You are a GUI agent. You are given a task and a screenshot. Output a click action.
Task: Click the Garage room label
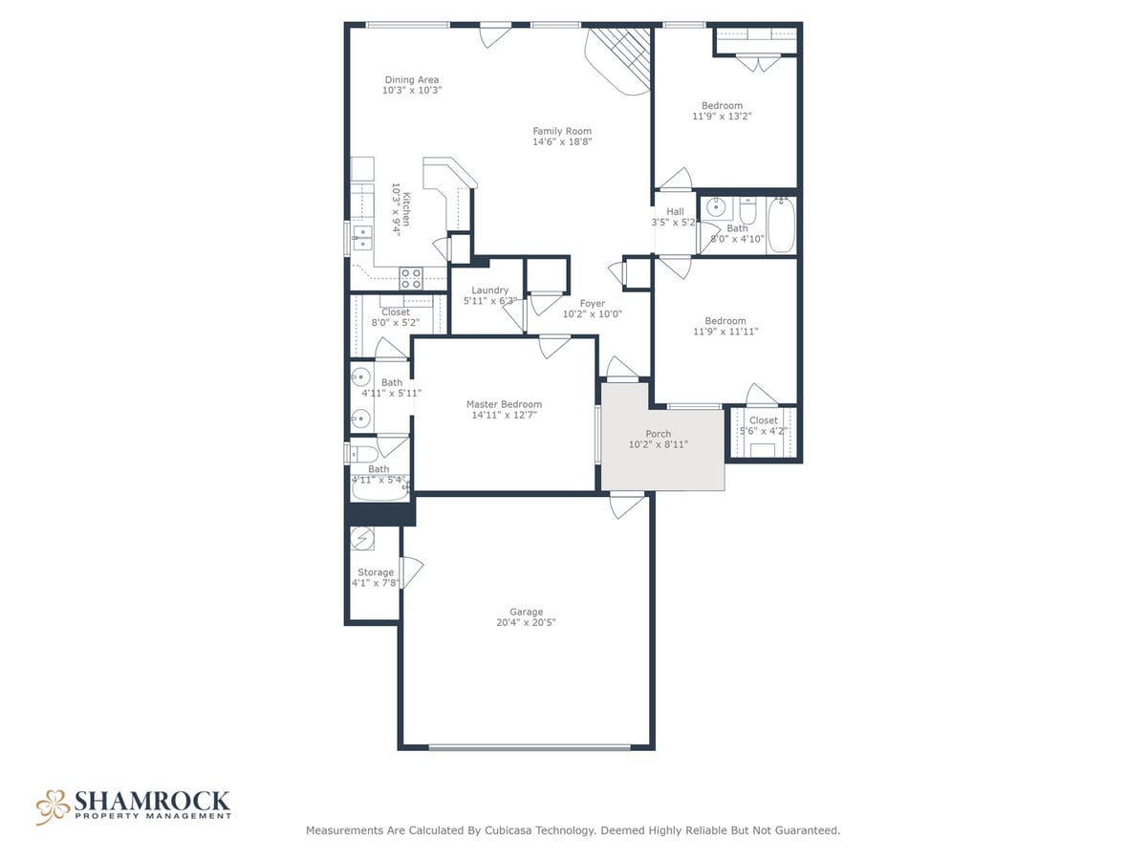pos(526,612)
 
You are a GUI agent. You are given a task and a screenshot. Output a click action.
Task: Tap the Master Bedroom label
pos(504,404)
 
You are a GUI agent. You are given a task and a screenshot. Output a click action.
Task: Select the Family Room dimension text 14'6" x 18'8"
pos(562,141)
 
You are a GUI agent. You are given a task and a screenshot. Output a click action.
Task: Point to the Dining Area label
pos(412,80)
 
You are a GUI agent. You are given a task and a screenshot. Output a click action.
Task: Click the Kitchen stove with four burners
pos(411,278)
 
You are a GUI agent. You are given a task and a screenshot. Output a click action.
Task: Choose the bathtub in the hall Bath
pos(781,226)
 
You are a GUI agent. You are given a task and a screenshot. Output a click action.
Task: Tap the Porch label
pos(658,434)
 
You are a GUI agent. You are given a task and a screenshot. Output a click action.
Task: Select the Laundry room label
pos(489,290)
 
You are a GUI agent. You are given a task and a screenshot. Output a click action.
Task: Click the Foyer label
pos(592,303)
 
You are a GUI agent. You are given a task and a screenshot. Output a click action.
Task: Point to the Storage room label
pos(376,572)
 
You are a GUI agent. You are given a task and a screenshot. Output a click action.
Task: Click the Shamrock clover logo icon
pos(53,807)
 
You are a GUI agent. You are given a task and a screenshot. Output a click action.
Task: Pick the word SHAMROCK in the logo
pos(152,801)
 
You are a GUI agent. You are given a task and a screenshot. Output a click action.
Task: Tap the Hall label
pos(675,211)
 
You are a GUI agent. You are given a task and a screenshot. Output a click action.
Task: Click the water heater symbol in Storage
pos(362,538)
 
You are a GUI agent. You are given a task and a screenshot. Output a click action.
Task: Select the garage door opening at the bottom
pos(530,747)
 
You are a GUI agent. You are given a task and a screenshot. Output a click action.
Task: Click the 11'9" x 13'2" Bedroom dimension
pos(722,116)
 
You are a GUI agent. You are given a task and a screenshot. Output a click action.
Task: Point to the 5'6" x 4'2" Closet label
pos(764,431)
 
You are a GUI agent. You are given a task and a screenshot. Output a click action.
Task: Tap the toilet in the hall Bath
pos(748,210)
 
